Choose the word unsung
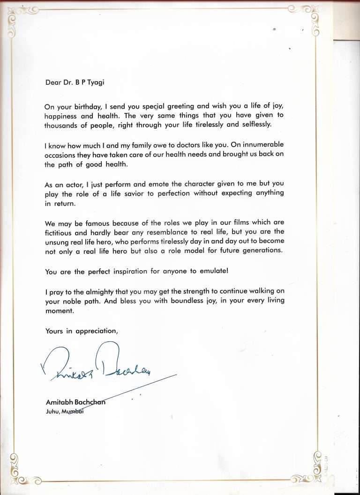[57, 241]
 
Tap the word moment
[60, 310]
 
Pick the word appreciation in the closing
[96, 331]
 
